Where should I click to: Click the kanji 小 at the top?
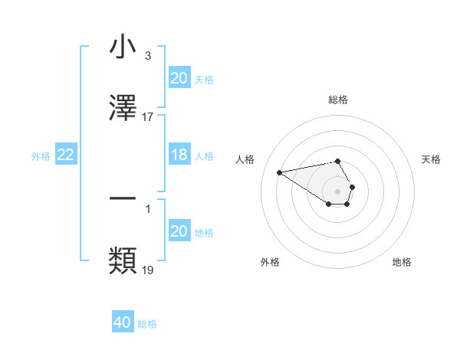point(123,47)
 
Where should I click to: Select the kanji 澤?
point(123,108)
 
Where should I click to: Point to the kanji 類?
point(123,261)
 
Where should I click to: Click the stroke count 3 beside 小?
point(147,56)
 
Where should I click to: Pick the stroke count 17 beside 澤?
point(148,116)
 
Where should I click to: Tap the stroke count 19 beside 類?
point(148,270)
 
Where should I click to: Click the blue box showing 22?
point(66,155)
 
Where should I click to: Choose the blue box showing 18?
point(179,155)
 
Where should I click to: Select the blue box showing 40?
point(123,323)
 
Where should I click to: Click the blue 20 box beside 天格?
point(179,78)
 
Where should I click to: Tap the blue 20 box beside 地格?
point(179,232)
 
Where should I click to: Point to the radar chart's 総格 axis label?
point(337,100)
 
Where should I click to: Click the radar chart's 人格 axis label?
point(246,159)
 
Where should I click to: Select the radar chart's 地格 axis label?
point(402,262)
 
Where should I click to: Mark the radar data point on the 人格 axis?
point(280,172)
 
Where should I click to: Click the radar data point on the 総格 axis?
point(337,161)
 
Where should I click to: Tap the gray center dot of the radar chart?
point(337,191)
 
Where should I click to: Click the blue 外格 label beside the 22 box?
point(41,156)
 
